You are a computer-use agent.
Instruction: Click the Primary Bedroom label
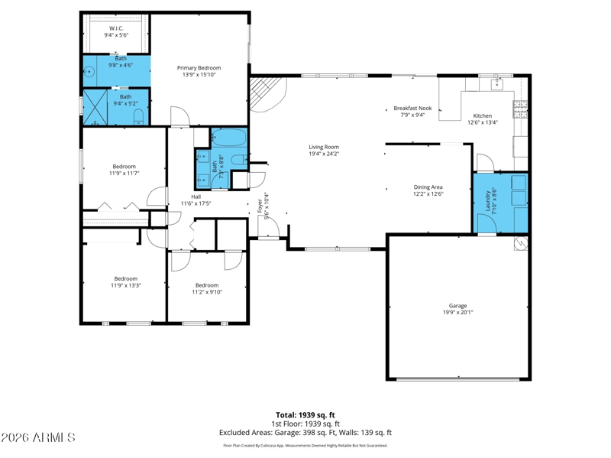click(x=199, y=68)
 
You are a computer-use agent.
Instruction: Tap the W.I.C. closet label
click(x=116, y=28)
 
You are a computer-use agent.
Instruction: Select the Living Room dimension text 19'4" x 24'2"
click(x=324, y=154)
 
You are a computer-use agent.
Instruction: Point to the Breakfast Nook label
click(x=412, y=108)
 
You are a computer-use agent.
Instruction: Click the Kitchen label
click(x=483, y=116)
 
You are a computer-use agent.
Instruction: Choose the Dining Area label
click(x=428, y=187)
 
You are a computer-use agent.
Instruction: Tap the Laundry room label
click(x=487, y=201)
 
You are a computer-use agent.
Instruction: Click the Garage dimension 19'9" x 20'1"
click(x=457, y=313)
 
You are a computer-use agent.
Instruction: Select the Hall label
click(x=196, y=197)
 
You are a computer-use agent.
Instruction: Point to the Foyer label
click(x=260, y=206)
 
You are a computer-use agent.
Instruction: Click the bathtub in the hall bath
click(x=228, y=138)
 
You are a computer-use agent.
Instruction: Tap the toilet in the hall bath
click(x=238, y=160)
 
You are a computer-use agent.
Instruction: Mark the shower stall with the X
click(x=95, y=108)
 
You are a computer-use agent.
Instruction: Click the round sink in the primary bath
click(x=89, y=72)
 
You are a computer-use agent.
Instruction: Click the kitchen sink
click(x=497, y=84)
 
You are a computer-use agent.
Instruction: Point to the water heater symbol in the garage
click(x=521, y=243)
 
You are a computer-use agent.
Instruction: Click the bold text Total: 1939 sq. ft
click(x=305, y=415)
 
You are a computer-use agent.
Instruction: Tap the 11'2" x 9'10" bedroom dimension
click(x=207, y=292)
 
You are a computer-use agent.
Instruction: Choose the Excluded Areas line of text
click(x=305, y=433)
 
